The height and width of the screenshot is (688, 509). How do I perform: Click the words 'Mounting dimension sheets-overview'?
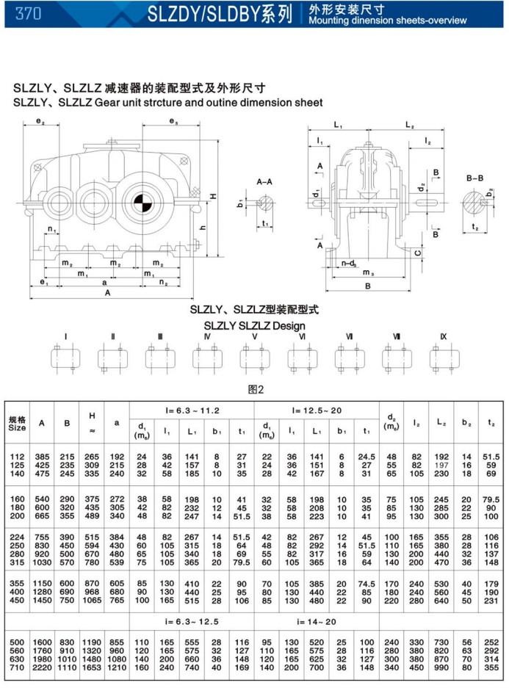click(388, 21)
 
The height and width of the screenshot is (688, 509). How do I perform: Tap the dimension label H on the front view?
click(212, 196)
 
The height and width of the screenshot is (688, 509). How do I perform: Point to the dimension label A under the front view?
click(107, 292)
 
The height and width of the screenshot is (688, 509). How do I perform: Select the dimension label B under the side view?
click(368, 288)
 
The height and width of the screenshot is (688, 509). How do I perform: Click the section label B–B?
click(474, 178)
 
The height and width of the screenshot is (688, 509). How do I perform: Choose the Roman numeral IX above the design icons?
click(443, 336)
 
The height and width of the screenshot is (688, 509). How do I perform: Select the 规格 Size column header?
click(18, 423)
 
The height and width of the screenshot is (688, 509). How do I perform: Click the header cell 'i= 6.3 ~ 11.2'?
click(192, 410)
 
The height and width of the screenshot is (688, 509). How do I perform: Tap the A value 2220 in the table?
click(42, 667)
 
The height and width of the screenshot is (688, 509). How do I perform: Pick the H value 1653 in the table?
click(92, 667)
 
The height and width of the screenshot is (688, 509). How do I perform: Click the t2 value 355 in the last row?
click(492, 667)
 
